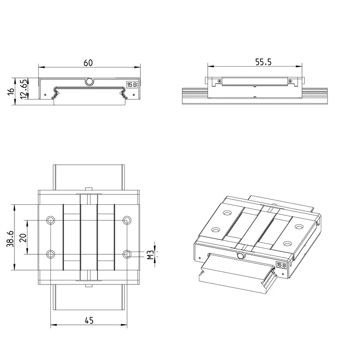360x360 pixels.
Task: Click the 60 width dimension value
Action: click(88, 63)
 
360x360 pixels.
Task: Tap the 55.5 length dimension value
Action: click(263, 62)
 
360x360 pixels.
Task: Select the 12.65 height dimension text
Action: click(24, 89)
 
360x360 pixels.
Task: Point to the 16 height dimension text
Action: click(11, 91)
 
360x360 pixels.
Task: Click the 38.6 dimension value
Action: click(10, 239)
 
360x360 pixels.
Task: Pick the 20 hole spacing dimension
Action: click(23, 238)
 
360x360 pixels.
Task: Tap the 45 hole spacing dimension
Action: click(89, 320)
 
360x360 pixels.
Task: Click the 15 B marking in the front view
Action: click(132, 85)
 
